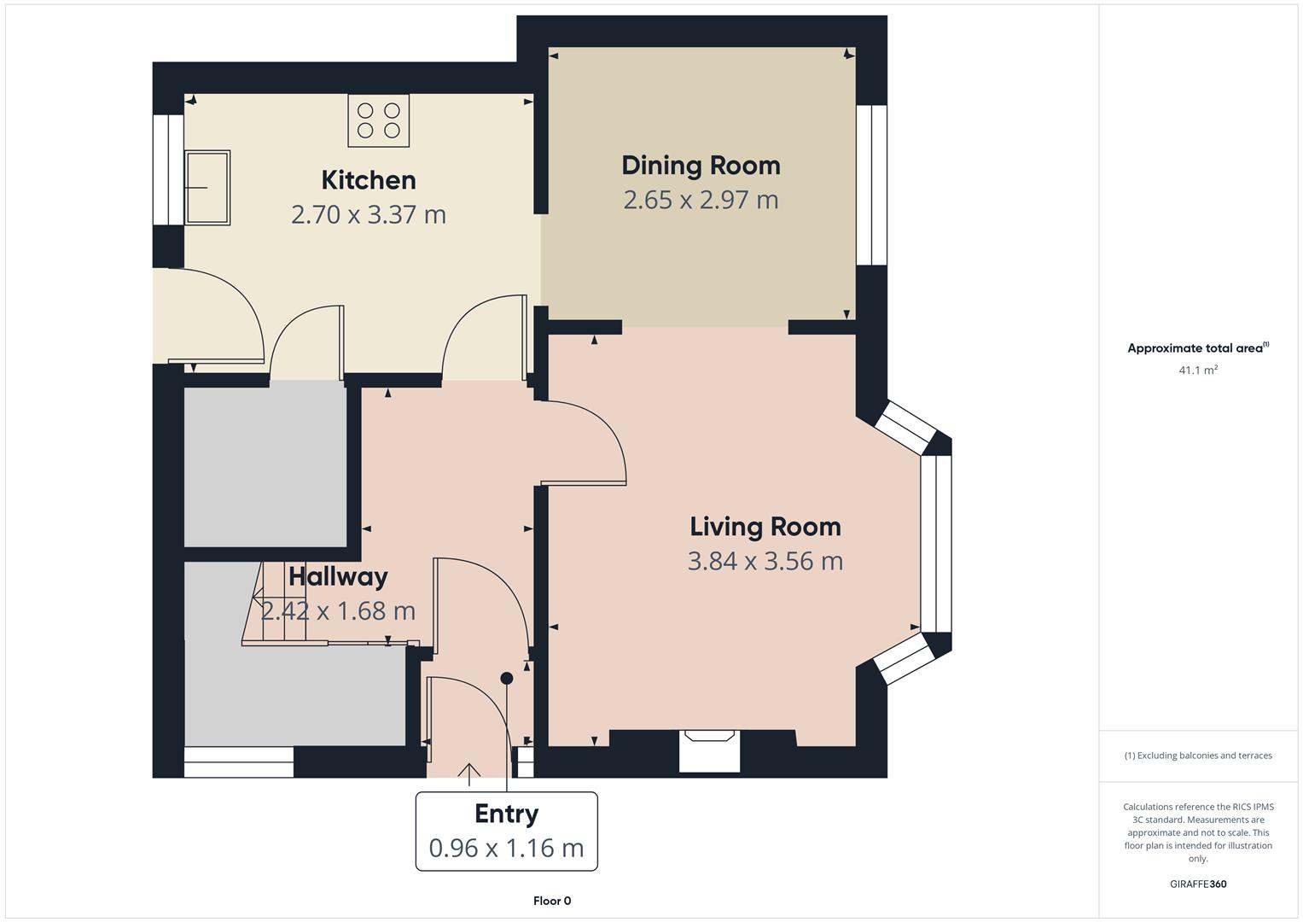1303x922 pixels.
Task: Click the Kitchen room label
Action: tap(369, 180)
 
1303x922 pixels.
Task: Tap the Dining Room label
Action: tap(701, 166)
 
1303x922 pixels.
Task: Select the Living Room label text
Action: tap(765, 527)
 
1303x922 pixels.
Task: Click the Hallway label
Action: tap(338, 577)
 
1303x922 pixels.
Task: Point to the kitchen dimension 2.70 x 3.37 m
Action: tap(369, 214)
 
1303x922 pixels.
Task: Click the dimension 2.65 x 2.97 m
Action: tap(701, 200)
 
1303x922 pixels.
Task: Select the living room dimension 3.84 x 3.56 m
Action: tap(765, 562)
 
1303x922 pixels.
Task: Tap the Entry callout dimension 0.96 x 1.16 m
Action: tap(506, 849)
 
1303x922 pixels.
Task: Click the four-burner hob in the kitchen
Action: tap(379, 120)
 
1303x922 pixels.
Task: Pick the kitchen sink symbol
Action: tap(207, 188)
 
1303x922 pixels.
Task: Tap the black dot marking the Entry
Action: tap(507, 679)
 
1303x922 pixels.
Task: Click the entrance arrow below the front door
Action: tap(468, 773)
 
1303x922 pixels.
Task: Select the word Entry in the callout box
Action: tap(506, 814)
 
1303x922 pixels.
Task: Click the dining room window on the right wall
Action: tap(871, 185)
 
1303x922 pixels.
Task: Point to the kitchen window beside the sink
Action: tap(168, 169)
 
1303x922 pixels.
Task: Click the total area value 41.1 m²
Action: tap(1198, 371)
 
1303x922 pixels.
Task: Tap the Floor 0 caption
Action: tap(552, 901)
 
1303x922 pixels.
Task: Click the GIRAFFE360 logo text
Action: tap(1198, 884)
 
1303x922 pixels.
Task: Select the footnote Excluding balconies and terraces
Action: tap(1198, 756)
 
